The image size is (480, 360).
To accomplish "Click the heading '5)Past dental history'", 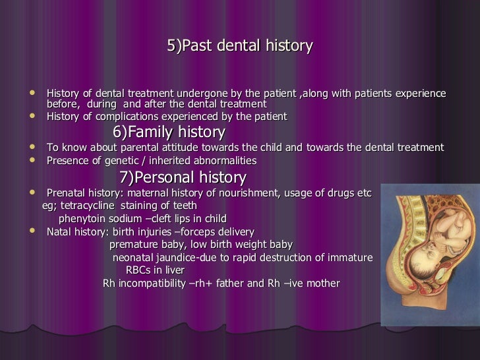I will (239, 46).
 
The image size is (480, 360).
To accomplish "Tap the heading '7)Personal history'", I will (183, 177).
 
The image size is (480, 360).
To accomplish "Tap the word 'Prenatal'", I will (68, 193).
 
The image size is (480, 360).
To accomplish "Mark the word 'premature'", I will (134, 244).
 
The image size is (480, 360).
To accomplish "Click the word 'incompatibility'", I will (150, 284).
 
